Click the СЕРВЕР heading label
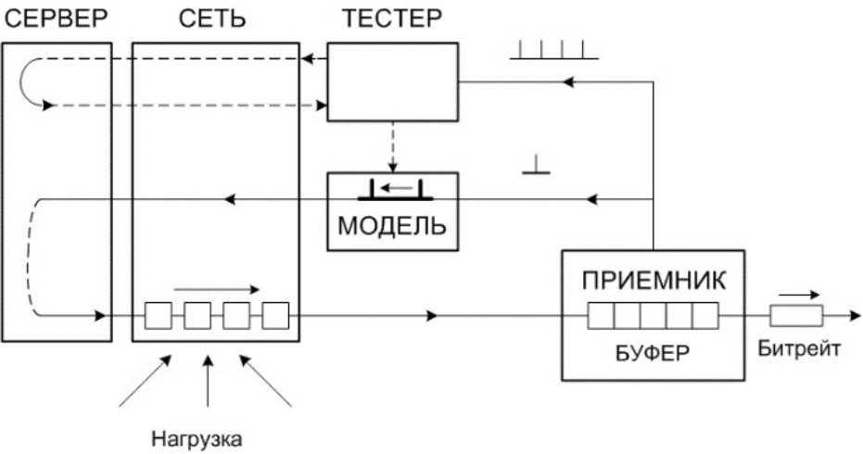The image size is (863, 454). [x=56, y=19]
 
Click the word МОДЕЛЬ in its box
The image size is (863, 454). [x=392, y=226]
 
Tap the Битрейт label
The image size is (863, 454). [x=798, y=349]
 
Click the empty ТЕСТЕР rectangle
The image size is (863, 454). [x=394, y=82]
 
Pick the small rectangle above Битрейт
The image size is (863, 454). [x=796, y=317]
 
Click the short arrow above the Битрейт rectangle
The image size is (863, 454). [x=798, y=295]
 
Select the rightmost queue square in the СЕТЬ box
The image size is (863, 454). [x=276, y=317]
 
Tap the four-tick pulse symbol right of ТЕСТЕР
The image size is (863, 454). [x=554, y=51]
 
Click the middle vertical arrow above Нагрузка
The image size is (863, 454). [x=207, y=380]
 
